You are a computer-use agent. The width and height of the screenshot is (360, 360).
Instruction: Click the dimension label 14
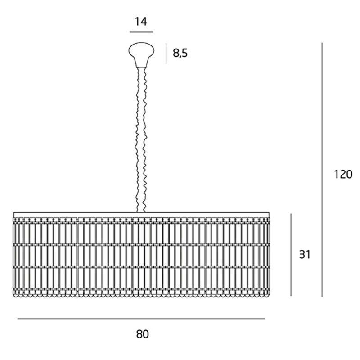coord(141,21)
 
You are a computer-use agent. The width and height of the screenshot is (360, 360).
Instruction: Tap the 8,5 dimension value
coord(180,53)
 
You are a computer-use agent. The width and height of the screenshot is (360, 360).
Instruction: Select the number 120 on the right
coord(343,174)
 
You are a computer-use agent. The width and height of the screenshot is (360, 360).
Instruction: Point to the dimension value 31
coord(305,255)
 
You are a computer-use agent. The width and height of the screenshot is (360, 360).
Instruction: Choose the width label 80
coord(142,334)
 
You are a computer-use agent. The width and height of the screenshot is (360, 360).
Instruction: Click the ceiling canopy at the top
coord(141,54)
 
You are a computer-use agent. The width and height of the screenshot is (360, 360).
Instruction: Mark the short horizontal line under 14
coord(141,32)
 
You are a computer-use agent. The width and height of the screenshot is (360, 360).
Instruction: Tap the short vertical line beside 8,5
coord(166,54)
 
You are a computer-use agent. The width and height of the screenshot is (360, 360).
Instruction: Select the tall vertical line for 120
coord(322,170)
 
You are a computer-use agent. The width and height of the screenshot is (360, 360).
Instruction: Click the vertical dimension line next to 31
coord(291,255)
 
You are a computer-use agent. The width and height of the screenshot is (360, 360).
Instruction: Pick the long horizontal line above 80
coord(141,319)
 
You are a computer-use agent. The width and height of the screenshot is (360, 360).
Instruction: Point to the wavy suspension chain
coord(141,140)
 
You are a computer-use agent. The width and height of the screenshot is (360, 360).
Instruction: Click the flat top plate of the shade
coord(141,215)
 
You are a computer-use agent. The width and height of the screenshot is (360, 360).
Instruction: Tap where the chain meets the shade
coord(141,212)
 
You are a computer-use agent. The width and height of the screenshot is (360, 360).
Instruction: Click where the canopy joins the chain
coord(141,67)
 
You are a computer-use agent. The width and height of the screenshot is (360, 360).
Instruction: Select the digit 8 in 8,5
coord(176,53)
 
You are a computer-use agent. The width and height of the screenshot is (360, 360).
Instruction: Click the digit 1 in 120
coord(336,174)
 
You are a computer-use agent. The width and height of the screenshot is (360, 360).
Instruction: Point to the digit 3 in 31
coord(302,255)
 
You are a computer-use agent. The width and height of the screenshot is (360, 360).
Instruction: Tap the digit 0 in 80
coord(145,334)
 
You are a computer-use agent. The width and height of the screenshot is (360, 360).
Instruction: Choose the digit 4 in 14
coord(144,21)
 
